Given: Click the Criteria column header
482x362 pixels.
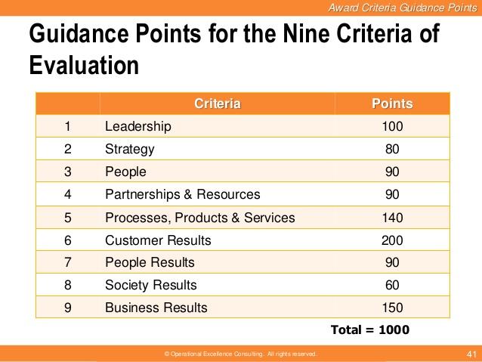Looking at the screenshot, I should (x=218, y=104).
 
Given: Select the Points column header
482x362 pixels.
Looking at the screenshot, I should (x=392, y=104).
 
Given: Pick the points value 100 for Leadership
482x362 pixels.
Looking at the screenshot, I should (x=392, y=126).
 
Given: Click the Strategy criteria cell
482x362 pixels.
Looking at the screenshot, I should (x=130, y=149).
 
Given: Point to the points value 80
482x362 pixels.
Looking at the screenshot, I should (x=392, y=149).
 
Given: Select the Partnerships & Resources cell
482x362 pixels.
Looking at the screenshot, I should (x=182, y=194).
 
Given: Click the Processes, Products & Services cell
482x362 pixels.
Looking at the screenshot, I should (x=200, y=218).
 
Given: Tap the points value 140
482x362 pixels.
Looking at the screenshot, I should (x=392, y=218).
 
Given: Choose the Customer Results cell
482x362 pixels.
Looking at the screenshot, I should (x=158, y=240).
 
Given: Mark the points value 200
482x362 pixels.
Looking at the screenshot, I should (x=392, y=240).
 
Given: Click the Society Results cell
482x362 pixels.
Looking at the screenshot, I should (x=151, y=285).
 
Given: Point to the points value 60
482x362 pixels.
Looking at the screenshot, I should (x=392, y=285).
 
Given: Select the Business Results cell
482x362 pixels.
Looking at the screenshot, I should (x=156, y=308).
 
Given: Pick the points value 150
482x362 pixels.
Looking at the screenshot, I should (x=392, y=308).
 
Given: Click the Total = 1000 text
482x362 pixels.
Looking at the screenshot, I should (x=370, y=330).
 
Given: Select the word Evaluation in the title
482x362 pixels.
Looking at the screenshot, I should (x=84, y=65).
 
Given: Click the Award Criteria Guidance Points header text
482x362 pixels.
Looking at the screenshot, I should (x=405, y=8).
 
